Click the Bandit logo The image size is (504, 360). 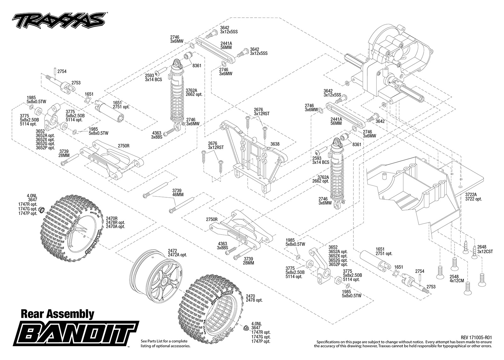pyautogui.click(x=76, y=333)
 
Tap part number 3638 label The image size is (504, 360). pyautogui.click(x=275, y=144)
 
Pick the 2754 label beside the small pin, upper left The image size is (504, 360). pyautogui.click(x=62, y=71)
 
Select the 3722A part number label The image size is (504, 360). pyautogui.click(x=471, y=194)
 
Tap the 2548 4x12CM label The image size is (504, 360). pyautogui.click(x=457, y=279)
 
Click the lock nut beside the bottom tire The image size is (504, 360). pyautogui.click(x=246, y=328)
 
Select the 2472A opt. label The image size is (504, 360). pyautogui.click(x=177, y=255)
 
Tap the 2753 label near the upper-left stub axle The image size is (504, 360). pyautogui.click(x=76, y=83)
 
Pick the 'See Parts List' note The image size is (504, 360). pyautogui.click(x=166, y=344)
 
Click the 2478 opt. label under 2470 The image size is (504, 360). pyautogui.click(x=254, y=300)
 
